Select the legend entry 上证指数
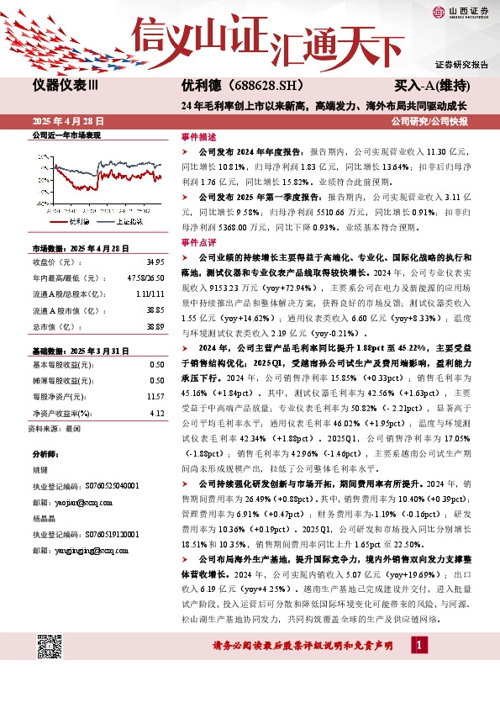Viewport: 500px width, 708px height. (x=128, y=222)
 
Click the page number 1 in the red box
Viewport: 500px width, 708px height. (x=418, y=645)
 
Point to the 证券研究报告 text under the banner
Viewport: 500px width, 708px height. (x=461, y=65)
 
